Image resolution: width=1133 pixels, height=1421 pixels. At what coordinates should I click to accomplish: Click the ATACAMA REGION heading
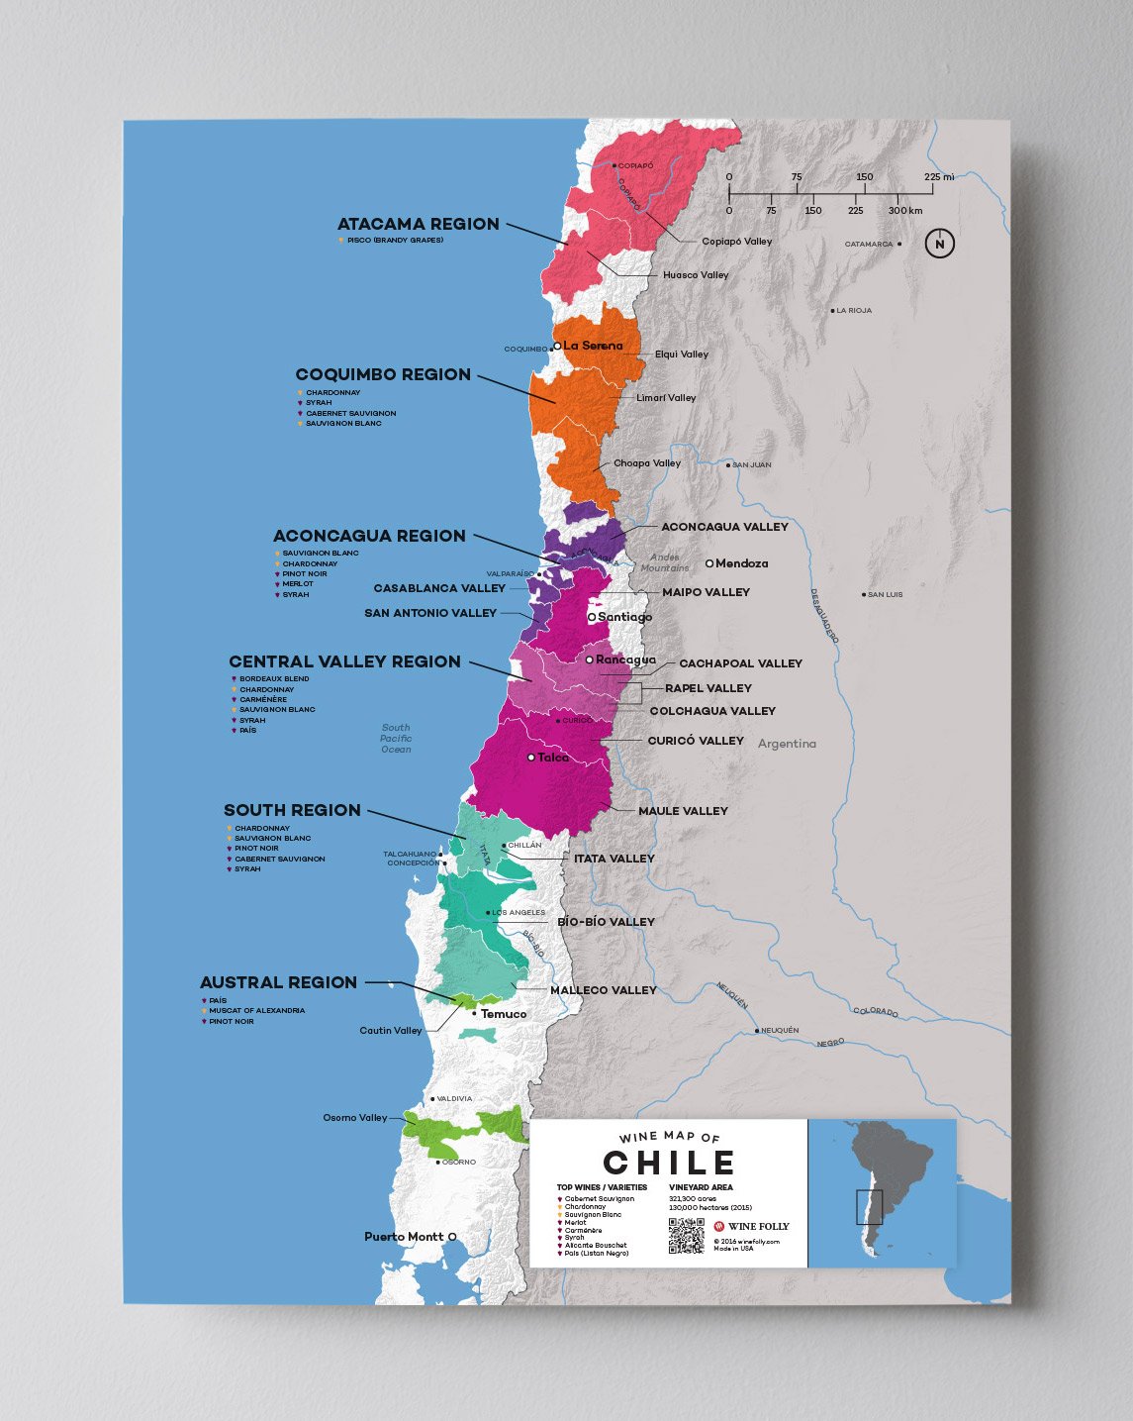coord(418,225)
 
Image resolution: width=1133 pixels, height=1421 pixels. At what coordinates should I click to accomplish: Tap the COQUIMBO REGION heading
coord(383,375)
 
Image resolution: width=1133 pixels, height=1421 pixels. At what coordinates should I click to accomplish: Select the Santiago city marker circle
coord(592,617)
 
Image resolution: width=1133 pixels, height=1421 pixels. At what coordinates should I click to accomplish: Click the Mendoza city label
coord(741,563)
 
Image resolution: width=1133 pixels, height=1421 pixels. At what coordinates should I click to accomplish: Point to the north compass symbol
coord(939,244)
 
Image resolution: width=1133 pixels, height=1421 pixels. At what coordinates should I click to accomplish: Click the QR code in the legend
coord(686,1236)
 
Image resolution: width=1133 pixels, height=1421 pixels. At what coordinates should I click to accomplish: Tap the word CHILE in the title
coord(669,1163)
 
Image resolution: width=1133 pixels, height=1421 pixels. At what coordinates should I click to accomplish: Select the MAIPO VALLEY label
coord(706,592)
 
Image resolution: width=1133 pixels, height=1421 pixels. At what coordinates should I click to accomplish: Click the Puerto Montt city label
coord(404,1237)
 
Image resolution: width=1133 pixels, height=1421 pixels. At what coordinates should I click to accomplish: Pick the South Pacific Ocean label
coord(396,739)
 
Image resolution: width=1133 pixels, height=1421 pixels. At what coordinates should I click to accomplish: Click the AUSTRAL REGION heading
coord(278,982)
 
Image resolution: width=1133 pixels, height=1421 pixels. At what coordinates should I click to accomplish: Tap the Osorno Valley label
coord(354,1118)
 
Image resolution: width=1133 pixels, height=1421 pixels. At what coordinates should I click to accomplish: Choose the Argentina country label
coord(787,744)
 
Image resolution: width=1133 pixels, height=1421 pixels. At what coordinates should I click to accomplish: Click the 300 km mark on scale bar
coord(904,211)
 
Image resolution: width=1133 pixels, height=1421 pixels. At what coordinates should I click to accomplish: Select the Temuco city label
coord(504,1014)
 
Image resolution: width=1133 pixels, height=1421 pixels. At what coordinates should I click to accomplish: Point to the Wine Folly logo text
coord(758,1226)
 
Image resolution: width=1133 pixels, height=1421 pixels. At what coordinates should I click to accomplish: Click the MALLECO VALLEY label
coord(603,990)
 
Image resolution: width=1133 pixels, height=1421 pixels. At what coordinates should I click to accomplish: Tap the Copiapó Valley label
coord(736,242)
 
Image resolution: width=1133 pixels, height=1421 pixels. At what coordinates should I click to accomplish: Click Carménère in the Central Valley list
coord(262,700)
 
